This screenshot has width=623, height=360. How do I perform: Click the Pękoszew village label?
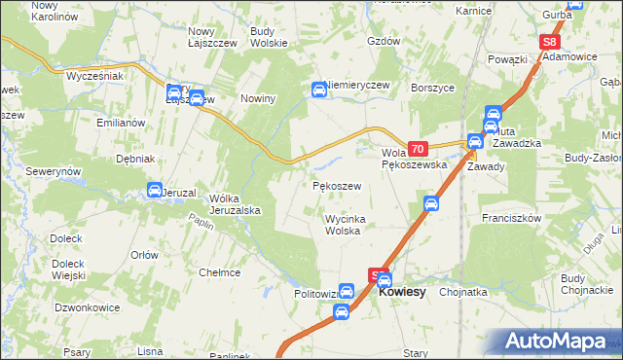pos(336,185)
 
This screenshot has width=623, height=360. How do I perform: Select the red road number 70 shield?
pos(418,149)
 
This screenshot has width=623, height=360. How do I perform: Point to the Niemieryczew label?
pos(359,85)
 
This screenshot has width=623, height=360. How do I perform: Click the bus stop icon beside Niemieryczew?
pos(318,90)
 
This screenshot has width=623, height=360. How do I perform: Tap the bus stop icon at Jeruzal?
pos(155,190)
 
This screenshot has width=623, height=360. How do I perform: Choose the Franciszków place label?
pos(510,219)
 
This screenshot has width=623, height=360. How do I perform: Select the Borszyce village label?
pos(433,88)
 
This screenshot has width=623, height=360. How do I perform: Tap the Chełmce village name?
pos(219,272)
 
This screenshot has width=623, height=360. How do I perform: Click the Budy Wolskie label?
pos(268,37)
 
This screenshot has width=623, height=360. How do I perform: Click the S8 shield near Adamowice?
pos(550,43)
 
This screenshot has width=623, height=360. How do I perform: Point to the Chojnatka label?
pos(462,291)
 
